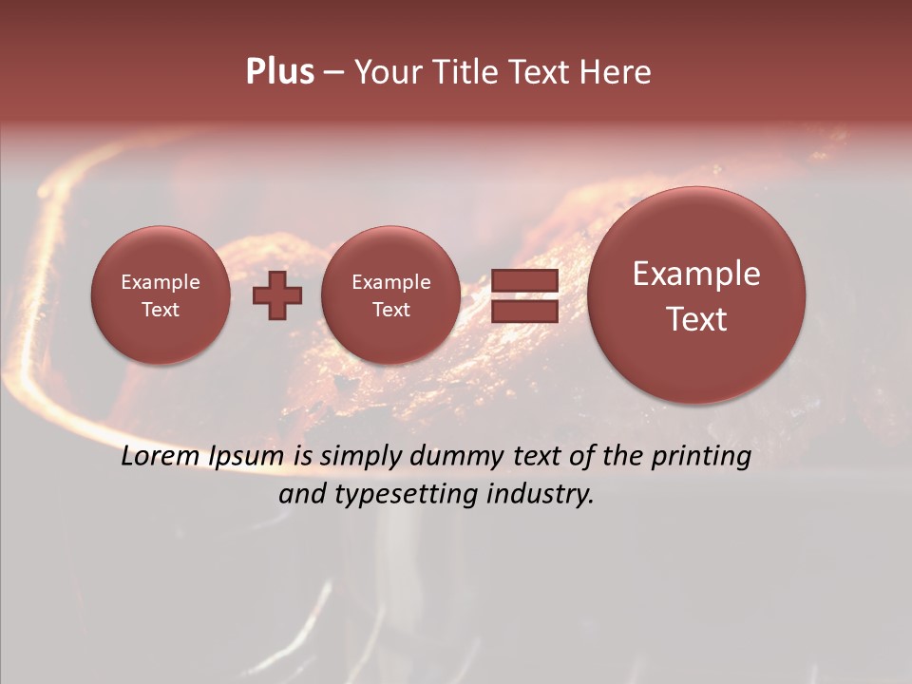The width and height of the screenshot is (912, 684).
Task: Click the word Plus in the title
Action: click(x=279, y=72)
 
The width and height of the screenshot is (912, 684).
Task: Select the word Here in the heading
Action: click(x=617, y=72)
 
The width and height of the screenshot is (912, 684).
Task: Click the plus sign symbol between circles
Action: click(x=277, y=294)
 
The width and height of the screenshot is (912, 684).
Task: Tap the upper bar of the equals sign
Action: click(x=523, y=281)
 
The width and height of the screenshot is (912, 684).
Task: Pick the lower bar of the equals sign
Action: click(x=523, y=311)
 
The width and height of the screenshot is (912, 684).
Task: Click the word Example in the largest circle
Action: click(x=696, y=275)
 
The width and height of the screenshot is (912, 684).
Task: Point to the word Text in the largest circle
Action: click(x=696, y=319)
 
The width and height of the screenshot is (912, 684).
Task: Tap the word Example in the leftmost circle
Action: click(x=160, y=282)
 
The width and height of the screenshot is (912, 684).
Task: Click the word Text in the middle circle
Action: click(x=390, y=310)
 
